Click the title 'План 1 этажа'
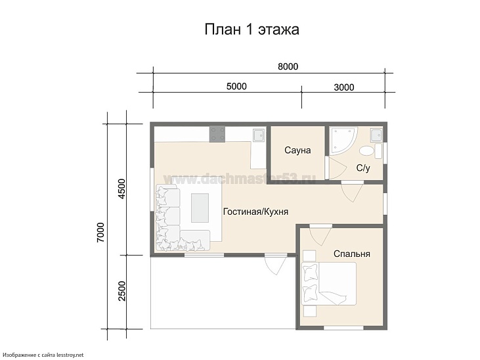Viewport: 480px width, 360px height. point(252,30)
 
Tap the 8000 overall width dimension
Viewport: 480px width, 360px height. point(288,66)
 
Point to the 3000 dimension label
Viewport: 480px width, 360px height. point(343,87)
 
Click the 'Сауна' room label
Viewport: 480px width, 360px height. point(297,150)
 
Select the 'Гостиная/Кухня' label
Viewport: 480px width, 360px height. point(255,212)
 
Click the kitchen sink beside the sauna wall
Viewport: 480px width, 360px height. point(258,135)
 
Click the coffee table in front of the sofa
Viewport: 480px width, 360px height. point(200,208)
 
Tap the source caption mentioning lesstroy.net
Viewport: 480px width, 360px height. point(43,355)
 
